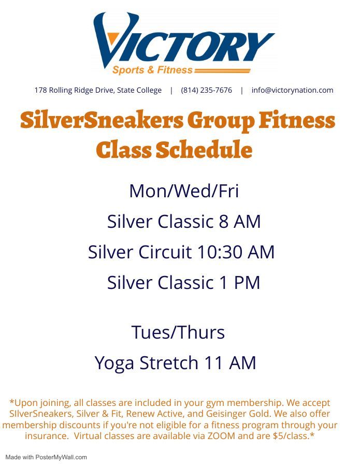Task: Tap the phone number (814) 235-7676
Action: pos(206,90)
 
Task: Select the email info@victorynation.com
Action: pos(292,90)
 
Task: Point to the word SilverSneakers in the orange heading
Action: pos(102,121)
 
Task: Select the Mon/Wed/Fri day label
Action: pos(184,191)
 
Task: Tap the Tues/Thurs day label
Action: pos(178,332)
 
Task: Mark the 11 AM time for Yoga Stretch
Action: pos(231,363)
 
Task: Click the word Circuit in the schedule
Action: pos(166,252)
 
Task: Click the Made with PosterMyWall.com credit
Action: pos(46,457)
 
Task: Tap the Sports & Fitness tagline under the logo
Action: pos(152,70)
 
